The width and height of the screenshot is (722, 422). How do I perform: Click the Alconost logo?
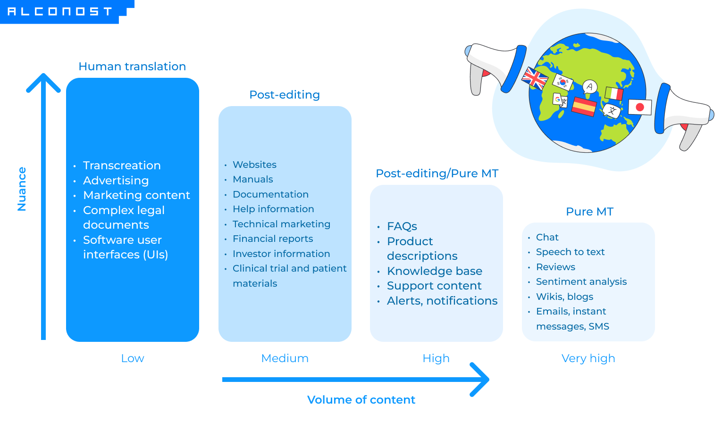(x=60, y=11)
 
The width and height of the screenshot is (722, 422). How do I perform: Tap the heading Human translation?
(x=132, y=66)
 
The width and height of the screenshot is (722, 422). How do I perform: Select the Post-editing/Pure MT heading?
(x=437, y=174)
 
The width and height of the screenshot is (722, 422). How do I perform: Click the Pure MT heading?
(x=589, y=212)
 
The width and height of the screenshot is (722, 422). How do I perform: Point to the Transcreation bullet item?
(x=122, y=165)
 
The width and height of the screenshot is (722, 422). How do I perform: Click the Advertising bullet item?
(x=116, y=181)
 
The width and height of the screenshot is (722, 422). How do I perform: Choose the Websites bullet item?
(x=254, y=165)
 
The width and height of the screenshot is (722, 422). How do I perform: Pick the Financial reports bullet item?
(x=273, y=239)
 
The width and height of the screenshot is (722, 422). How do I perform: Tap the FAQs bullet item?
(x=402, y=226)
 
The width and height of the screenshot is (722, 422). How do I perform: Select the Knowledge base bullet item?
(x=434, y=271)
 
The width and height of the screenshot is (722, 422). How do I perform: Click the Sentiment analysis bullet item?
(x=581, y=281)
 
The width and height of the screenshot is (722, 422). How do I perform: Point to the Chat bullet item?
(x=547, y=237)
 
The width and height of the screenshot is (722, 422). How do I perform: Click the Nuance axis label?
(x=22, y=189)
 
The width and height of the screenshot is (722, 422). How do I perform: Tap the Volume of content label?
(x=361, y=400)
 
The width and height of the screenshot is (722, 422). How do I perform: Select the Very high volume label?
(x=588, y=358)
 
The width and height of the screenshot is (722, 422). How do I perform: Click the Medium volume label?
(x=285, y=358)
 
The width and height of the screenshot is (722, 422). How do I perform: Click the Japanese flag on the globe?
(x=640, y=107)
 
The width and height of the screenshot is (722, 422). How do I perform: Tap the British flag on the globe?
(x=534, y=78)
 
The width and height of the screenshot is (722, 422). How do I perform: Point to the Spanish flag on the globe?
(x=584, y=106)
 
